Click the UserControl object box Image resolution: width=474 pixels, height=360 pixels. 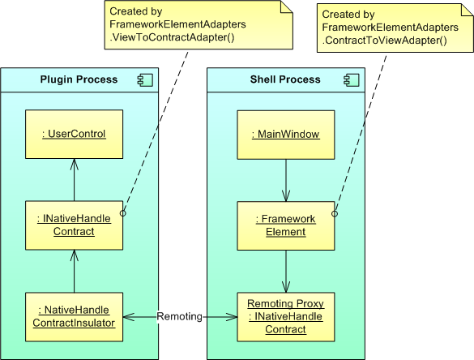click(x=74, y=134)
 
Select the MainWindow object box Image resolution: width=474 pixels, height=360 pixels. click(x=286, y=135)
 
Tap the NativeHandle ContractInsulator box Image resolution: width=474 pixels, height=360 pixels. click(x=74, y=317)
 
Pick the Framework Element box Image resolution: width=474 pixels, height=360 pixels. click(x=286, y=225)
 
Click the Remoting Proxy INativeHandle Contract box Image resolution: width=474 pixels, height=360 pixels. click(x=286, y=317)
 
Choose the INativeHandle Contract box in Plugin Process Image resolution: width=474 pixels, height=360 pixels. click(x=74, y=225)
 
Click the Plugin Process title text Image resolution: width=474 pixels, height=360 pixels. click(x=79, y=79)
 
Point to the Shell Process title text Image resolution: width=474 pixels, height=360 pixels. click(x=285, y=79)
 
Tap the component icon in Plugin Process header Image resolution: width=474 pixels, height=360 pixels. click(x=145, y=80)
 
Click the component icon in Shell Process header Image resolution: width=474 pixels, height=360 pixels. click(x=352, y=80)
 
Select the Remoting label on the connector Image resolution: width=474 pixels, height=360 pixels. click(x=180, y=316)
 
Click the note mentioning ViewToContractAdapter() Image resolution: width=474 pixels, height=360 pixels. click(x=199, y=25)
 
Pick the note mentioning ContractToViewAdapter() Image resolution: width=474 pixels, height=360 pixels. click(x=395, y=28)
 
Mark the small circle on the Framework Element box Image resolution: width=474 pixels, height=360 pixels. click(x=335, y=214)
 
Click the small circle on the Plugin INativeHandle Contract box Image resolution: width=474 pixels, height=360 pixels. click(x=122, y=213)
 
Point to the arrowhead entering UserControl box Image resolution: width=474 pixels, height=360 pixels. click(x=74, y=165)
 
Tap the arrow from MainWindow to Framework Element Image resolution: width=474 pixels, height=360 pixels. click(x=286, y=180)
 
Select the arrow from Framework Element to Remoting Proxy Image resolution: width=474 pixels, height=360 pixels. click(x=286, y=272)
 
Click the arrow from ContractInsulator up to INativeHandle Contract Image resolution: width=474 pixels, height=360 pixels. click(x=74, y=271)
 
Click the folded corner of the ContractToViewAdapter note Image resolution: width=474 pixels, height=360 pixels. click(x=467, y=10)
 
